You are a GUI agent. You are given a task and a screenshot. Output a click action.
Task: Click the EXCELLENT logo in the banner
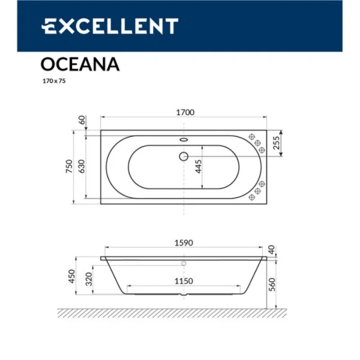pos(110,26)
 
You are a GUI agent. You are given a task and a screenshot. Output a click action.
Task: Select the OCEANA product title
pos(80,64)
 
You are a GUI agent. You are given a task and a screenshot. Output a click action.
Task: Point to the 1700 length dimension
pos(185,112)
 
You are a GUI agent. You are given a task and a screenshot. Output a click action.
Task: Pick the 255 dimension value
pos(277,143)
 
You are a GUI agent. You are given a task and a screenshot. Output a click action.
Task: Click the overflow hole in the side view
pos(184,263)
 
